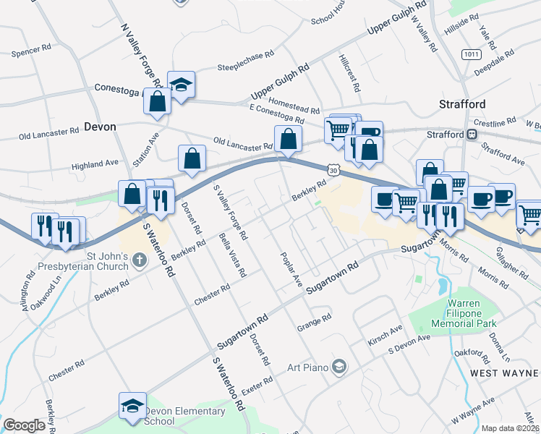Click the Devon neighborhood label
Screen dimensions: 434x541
(x=100, y=126)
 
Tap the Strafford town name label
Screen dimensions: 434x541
(x=462, y=104)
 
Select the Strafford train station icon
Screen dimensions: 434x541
(x=472, y=134)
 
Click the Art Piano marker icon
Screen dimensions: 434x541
(x=338, y=367)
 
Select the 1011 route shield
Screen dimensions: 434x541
(x=472, y=54)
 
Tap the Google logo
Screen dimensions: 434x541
(x=24, y=425)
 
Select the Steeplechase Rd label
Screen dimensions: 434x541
(x=246, y=61)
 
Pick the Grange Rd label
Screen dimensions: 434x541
(x=314, y=323)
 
